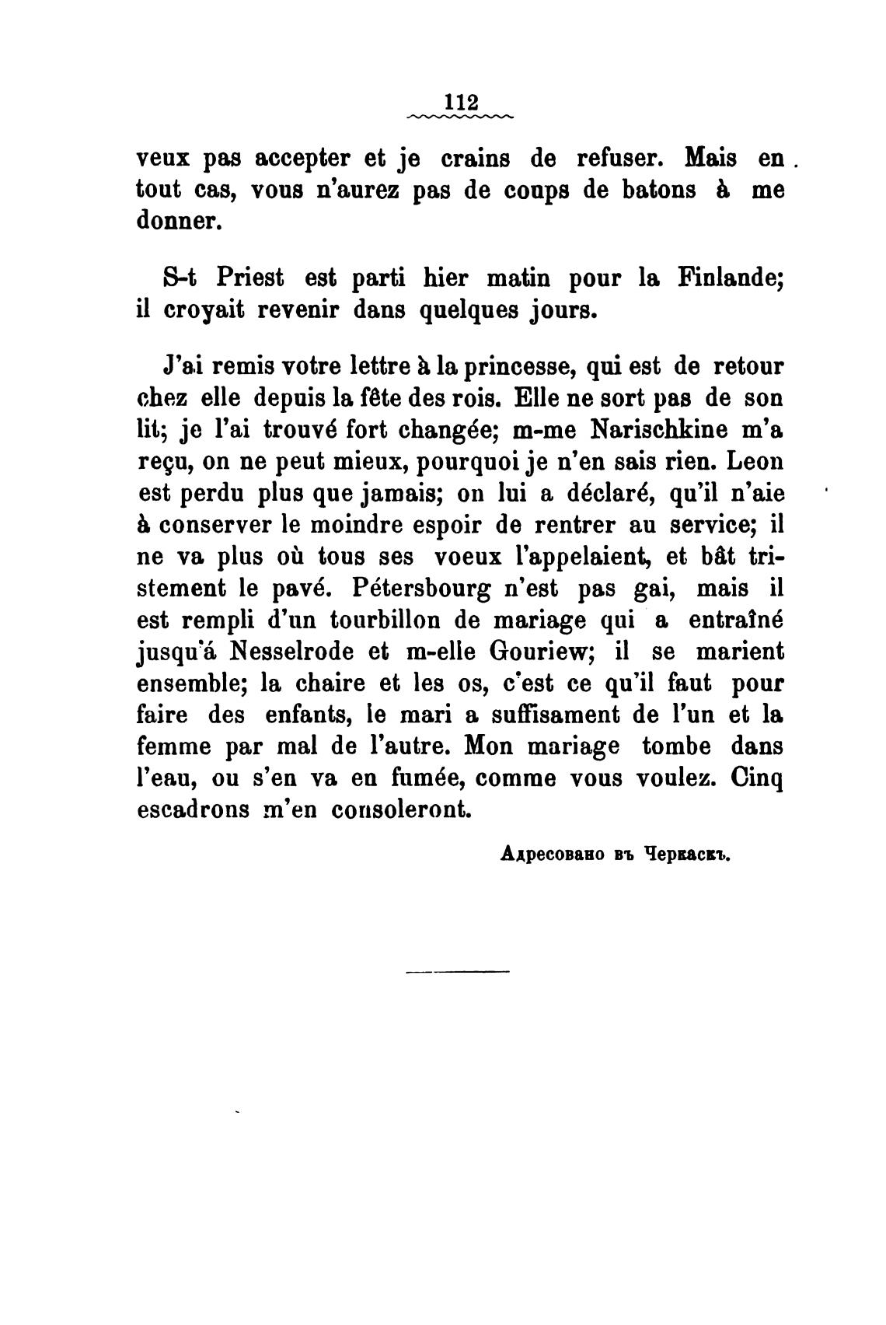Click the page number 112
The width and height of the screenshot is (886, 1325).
[x=459, y=103]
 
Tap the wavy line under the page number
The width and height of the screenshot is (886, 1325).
[x=459, y=117]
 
